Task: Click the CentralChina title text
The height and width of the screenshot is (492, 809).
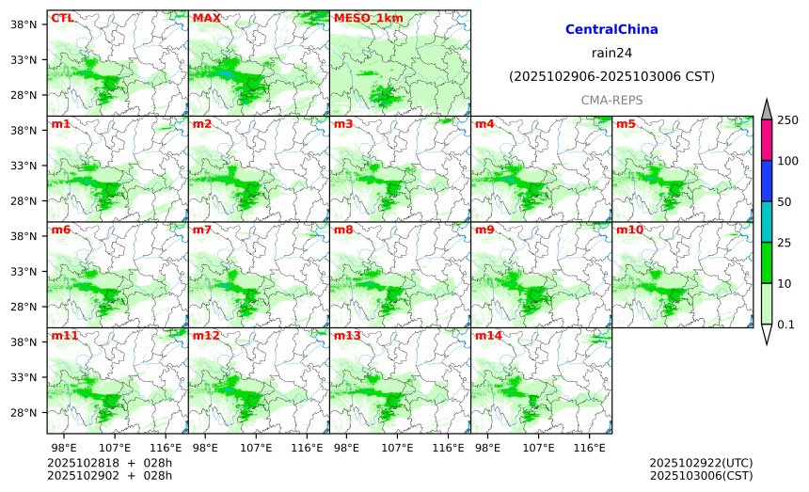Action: (611, 30)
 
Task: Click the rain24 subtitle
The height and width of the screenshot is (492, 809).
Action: (611, 53)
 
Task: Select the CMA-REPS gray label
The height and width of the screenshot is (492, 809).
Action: (611, 99)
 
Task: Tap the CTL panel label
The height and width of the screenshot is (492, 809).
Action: (62, 18)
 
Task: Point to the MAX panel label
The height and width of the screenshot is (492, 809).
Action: (206, 18)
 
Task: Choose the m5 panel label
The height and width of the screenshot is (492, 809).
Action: (626, 124)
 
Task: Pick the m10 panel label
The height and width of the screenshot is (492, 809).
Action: (629, 230)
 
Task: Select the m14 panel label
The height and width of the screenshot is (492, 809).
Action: (488, 336)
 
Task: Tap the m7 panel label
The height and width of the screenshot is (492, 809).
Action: (202, 230)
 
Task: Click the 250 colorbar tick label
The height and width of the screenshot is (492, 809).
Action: (787, 120)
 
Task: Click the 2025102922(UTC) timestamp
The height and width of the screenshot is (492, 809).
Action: (701, 464)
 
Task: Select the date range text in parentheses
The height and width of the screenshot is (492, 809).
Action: (611, 76)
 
